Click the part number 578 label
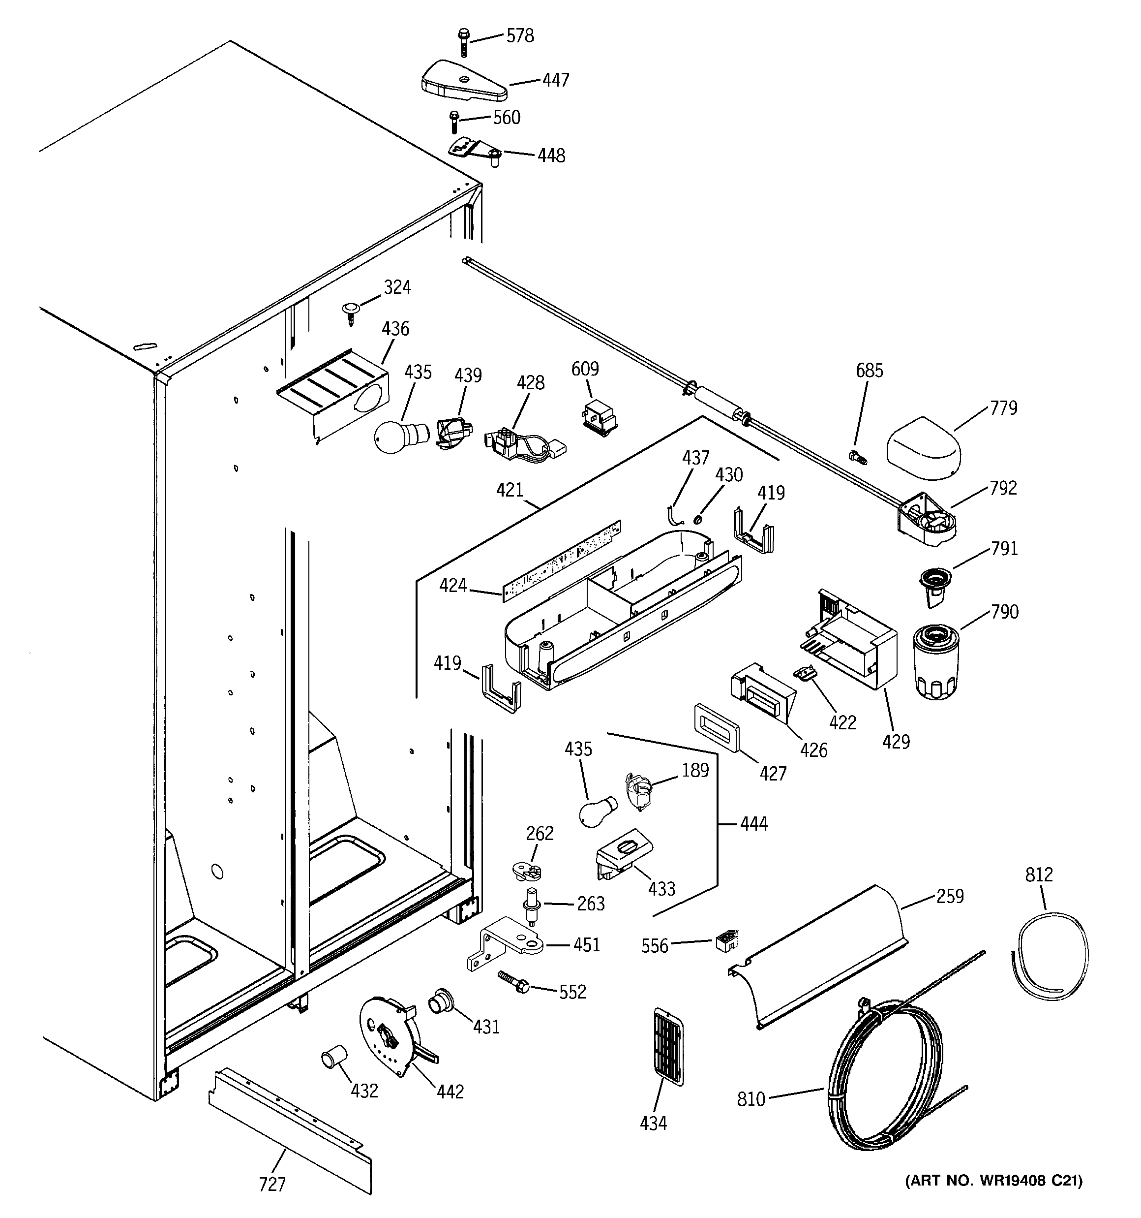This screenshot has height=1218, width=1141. tap(519, 36)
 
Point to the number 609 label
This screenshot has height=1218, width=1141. tap(585, 369)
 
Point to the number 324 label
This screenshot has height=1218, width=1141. tap(397, 287)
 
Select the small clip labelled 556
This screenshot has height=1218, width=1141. tap(727, 940)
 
